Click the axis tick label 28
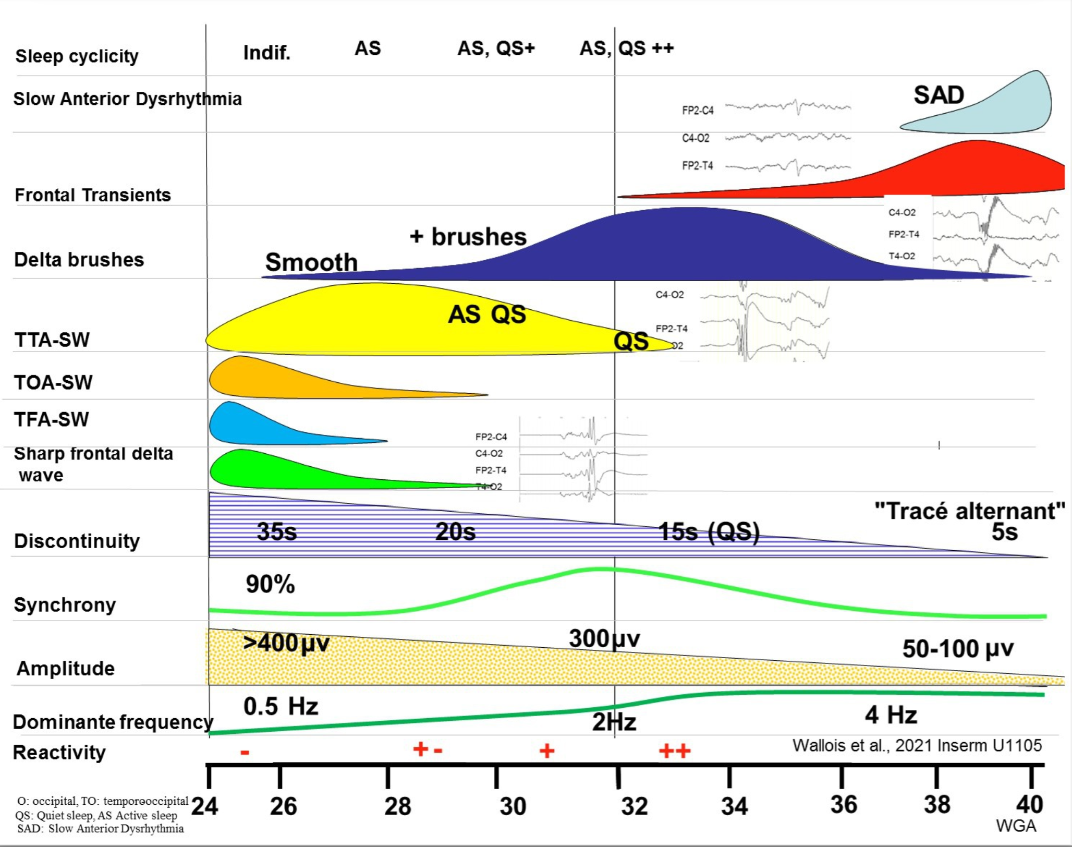pos(398,806)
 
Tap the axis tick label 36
pos(844,805)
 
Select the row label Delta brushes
pos(79,260)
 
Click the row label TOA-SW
pos(53,382)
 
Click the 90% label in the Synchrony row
pos(270,584)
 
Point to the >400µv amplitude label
pos(286,643)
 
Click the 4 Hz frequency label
pos(891,715)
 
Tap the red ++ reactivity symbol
pos(675,751)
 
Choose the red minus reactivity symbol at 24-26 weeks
pos(245,753)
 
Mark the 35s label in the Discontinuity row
pos(276,532)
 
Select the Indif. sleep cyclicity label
pos(266,53)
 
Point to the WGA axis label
pos(1016,826)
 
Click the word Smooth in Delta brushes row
pos(311,262)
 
